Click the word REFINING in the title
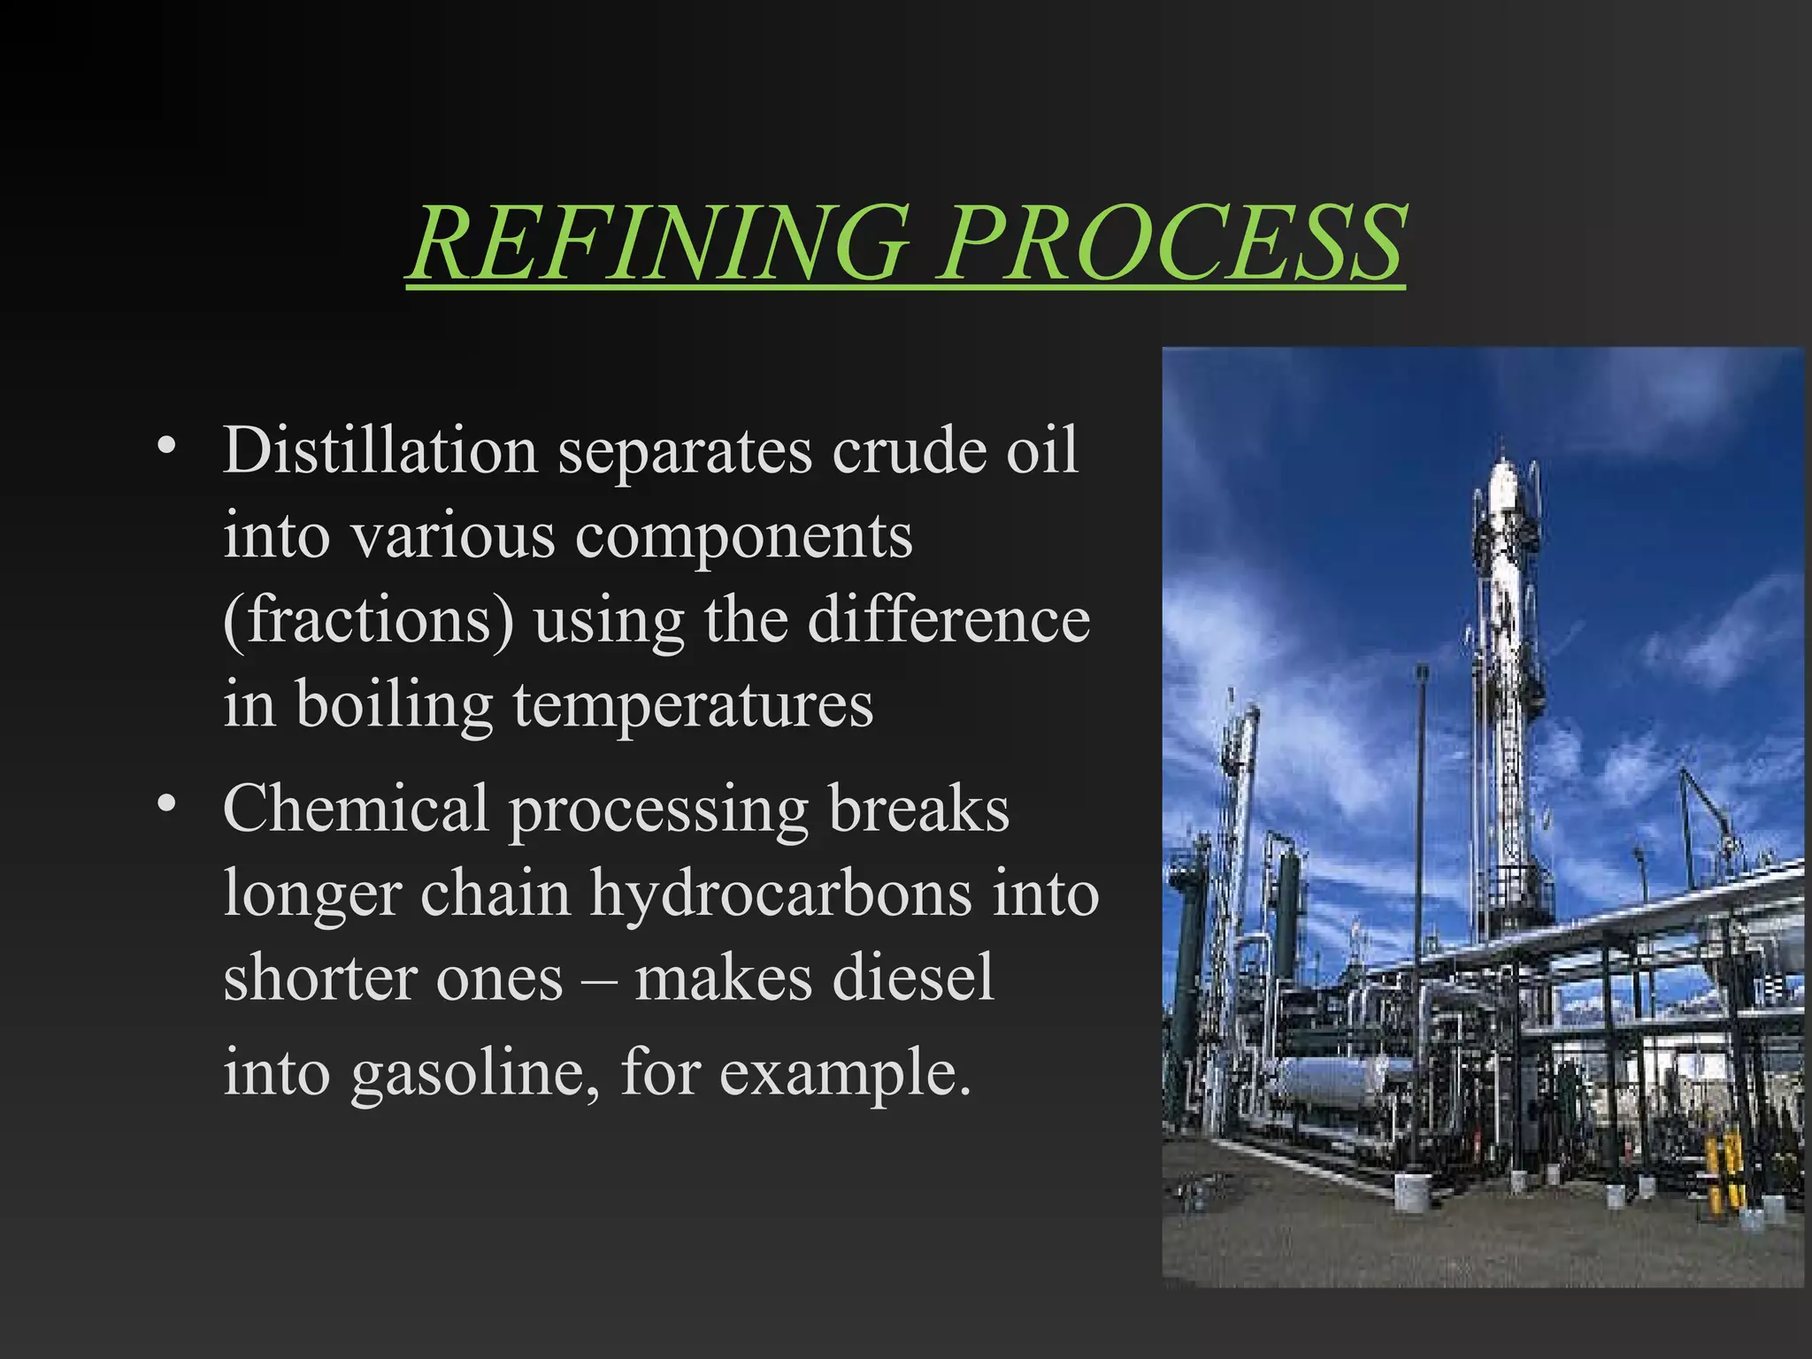[659, 242]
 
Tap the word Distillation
[380, 451]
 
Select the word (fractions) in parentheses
[368, 621]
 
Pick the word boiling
[394, 706]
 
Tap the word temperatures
[693, 706]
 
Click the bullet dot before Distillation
[165, 445]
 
